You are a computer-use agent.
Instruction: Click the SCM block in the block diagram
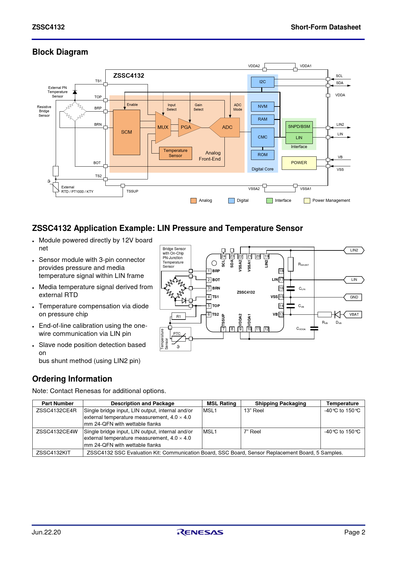[126, 132]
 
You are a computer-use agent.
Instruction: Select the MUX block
[163, 127]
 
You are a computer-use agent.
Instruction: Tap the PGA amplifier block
[186, 127]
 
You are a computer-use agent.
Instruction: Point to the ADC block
[227, 127]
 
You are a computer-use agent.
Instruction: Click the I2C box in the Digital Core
[263, 82]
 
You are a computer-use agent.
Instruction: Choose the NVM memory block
[263, 107]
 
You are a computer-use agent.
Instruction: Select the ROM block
[263, 155]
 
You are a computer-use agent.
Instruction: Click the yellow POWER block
[299, 163]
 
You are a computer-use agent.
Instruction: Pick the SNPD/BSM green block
[299, 127]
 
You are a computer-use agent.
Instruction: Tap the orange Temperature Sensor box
[175, 153]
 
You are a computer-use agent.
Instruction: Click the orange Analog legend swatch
[193, 201]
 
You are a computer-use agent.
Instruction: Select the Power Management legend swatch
[307, 201]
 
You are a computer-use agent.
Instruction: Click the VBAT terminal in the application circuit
[354, 314]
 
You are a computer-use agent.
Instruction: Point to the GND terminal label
[354, 297]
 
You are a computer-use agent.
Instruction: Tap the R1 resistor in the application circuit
[179, 317]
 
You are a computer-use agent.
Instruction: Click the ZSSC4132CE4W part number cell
[57, 431]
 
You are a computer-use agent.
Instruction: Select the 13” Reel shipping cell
[254, 411]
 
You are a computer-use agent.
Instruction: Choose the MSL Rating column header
[221, 404]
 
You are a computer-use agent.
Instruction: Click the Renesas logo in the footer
[200, 532]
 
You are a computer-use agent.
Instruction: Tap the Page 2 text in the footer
[354, 532]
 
